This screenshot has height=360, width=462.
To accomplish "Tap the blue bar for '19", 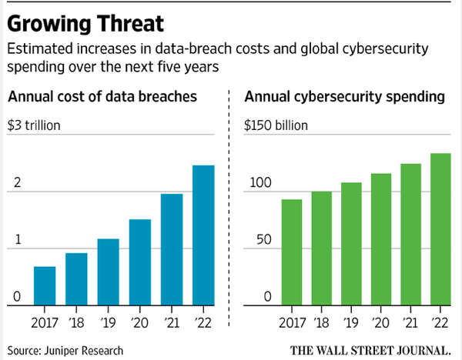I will coord(109,271).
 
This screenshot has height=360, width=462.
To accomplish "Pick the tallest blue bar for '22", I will coord(203,235).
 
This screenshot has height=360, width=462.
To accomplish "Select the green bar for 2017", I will coord(292,252).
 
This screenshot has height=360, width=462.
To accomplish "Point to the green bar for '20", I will coord(380,238).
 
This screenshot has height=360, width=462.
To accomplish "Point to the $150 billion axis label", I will coord(275,125).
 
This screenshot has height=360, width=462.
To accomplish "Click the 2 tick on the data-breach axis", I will coord(16,185).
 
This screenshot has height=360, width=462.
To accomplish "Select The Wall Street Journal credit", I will coord(372,350).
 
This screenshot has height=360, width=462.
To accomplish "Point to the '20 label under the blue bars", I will coord(140,322).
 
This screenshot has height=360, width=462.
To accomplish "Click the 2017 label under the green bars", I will coord(292,322).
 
